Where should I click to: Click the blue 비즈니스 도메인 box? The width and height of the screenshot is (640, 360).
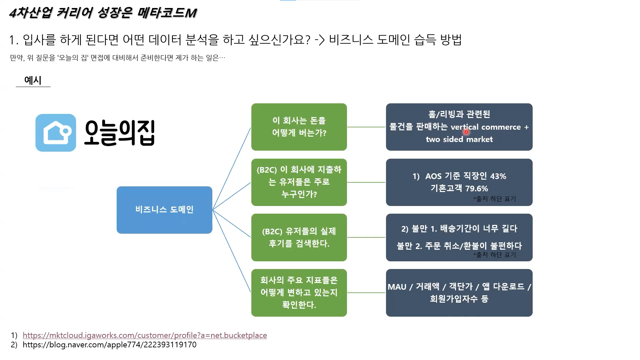[x=164, y=210]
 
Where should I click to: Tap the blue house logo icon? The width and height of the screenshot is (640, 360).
[x=56, y=133]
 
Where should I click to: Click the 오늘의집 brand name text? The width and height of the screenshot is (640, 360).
[x=119, y=133]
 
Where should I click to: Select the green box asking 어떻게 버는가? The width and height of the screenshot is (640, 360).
[x=299, y=127]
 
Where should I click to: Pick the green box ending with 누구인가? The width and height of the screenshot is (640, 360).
[x=299, y=182]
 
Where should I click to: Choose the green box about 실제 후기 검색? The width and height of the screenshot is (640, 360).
[x=299, y=237]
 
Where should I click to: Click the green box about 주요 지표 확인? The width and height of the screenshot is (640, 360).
[x=299, y=292]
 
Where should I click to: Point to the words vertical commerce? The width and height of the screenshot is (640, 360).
[x=485, y=127]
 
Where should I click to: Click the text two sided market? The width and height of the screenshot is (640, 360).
[x=459, y=139]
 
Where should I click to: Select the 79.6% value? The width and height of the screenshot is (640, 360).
[x=476, y=188]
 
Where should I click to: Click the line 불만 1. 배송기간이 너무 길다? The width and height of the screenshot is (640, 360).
[x=459, y=229]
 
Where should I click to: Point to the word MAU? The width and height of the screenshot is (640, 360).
[x=397, y=287]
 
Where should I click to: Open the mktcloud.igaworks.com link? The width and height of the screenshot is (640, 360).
[x=145, y=335]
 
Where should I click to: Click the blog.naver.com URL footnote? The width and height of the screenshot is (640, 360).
[x=109, y=345]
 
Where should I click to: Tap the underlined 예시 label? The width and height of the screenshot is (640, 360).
[x=33, y=80]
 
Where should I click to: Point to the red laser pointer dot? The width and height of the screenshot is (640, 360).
[x=466, y=132]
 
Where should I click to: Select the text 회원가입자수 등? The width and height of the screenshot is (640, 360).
[x=459, y=299]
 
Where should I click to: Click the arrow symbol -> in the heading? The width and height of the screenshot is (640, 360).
[x=319, y=40]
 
